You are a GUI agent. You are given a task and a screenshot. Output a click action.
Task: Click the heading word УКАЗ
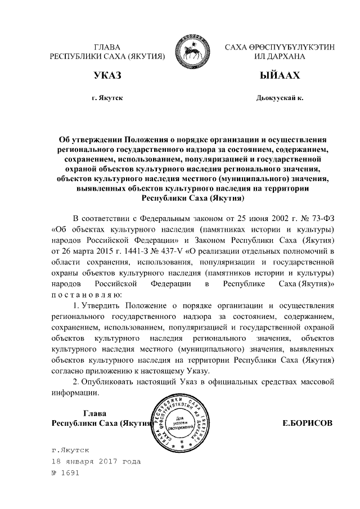pyautogui.click(x=107, y=76)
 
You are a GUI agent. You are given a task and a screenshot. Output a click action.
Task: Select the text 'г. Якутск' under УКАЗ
pyautogui.click(x=107, y=98)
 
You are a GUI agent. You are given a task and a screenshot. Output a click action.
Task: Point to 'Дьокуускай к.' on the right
pyautogui.click(x=279, y=98)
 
